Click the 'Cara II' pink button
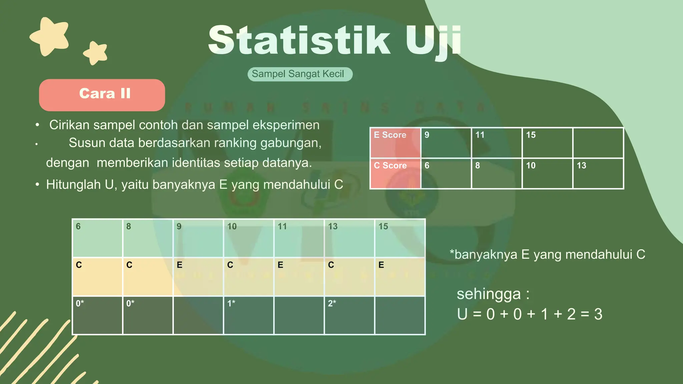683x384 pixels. pos(102,95)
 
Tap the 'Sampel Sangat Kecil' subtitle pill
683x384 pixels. pos(300,74)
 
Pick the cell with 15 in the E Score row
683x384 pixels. pos(547,143)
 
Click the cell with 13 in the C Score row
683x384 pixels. pos(598,173)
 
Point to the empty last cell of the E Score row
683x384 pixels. pos(598,143)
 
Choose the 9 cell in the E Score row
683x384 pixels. pos(446,143)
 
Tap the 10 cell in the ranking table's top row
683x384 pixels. pos(248,238)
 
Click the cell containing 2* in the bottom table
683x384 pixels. pos(349,315)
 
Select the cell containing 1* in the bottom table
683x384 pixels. pos(248,315)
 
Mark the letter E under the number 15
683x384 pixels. pos(382,265)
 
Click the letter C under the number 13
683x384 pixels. pos(331,265)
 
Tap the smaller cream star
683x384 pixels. pos(96,53)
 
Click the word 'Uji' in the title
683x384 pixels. pos(433,41)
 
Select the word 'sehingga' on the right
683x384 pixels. pos(489,294)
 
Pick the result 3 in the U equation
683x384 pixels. pos(598,314)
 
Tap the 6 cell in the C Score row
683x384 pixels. pos(446,173)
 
